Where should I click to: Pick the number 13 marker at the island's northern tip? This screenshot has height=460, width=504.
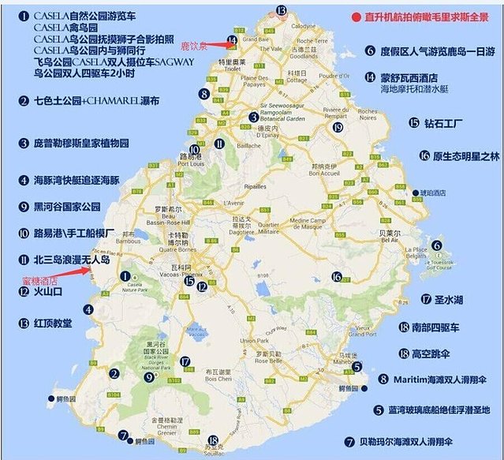[281, 10]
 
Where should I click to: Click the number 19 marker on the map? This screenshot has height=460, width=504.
[338, 127]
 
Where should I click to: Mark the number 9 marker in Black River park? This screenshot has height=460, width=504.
[148, 377]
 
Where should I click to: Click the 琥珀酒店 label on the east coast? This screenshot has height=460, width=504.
[432, 193]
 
